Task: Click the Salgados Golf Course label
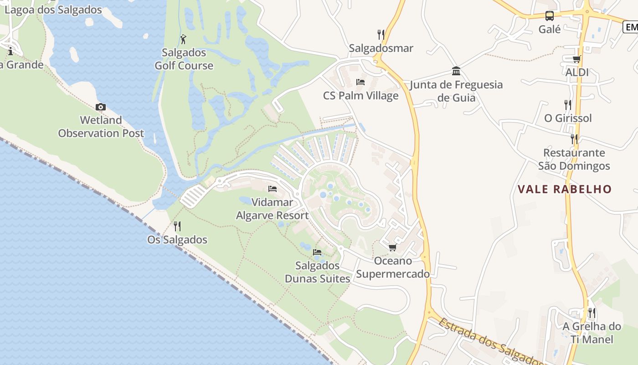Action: point(184,59)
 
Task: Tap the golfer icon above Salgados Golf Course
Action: point(184,39)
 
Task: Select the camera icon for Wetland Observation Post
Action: point(101,107)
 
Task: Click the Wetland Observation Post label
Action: point(101,127)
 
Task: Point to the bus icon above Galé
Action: point(550,16)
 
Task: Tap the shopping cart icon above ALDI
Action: point(576,59)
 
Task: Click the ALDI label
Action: point(577,72)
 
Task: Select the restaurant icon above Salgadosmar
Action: point(381,34)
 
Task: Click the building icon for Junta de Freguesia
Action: point(456,71)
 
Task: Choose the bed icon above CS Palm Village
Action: point(360,82)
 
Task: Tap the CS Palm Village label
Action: point(360,96)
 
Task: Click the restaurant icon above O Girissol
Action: point(568,104)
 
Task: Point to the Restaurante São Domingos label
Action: point(574,159)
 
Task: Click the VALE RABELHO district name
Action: point(565,189)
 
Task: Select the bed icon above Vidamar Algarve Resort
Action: point(273,188)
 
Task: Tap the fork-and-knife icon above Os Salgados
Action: point(177,226)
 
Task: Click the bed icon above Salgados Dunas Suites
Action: point(317,252)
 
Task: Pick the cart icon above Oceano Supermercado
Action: point(392,247)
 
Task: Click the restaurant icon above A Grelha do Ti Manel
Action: point(592,313)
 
